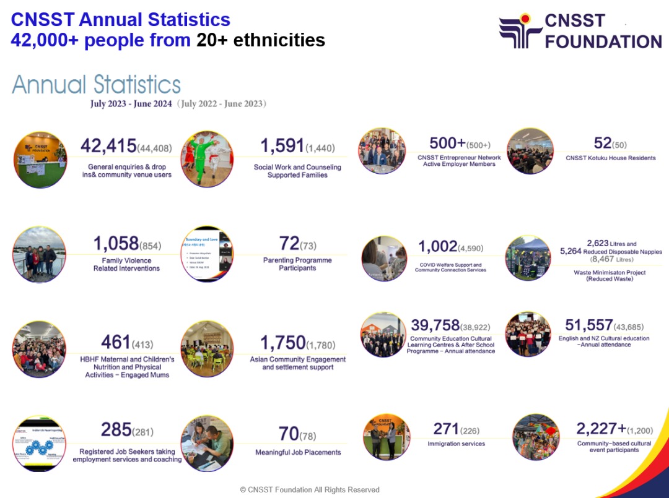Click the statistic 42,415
point(108,146)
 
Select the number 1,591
point(282,146)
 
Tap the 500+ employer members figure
point(447,143)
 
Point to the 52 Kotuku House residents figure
point(603,143)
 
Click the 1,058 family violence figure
point(116,244)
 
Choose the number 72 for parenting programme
point(289,243)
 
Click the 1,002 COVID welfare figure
point(437,246)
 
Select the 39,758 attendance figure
point(435,325)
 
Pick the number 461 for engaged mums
point(116,341)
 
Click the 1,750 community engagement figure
point(283,342)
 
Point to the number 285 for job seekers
point(116,429)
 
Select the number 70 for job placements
point(289,434)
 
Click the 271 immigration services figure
point(446,429)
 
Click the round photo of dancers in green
point(207,159)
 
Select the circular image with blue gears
point(39,444)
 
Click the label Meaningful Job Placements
point(298,452)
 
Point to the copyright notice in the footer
point(310,489)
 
